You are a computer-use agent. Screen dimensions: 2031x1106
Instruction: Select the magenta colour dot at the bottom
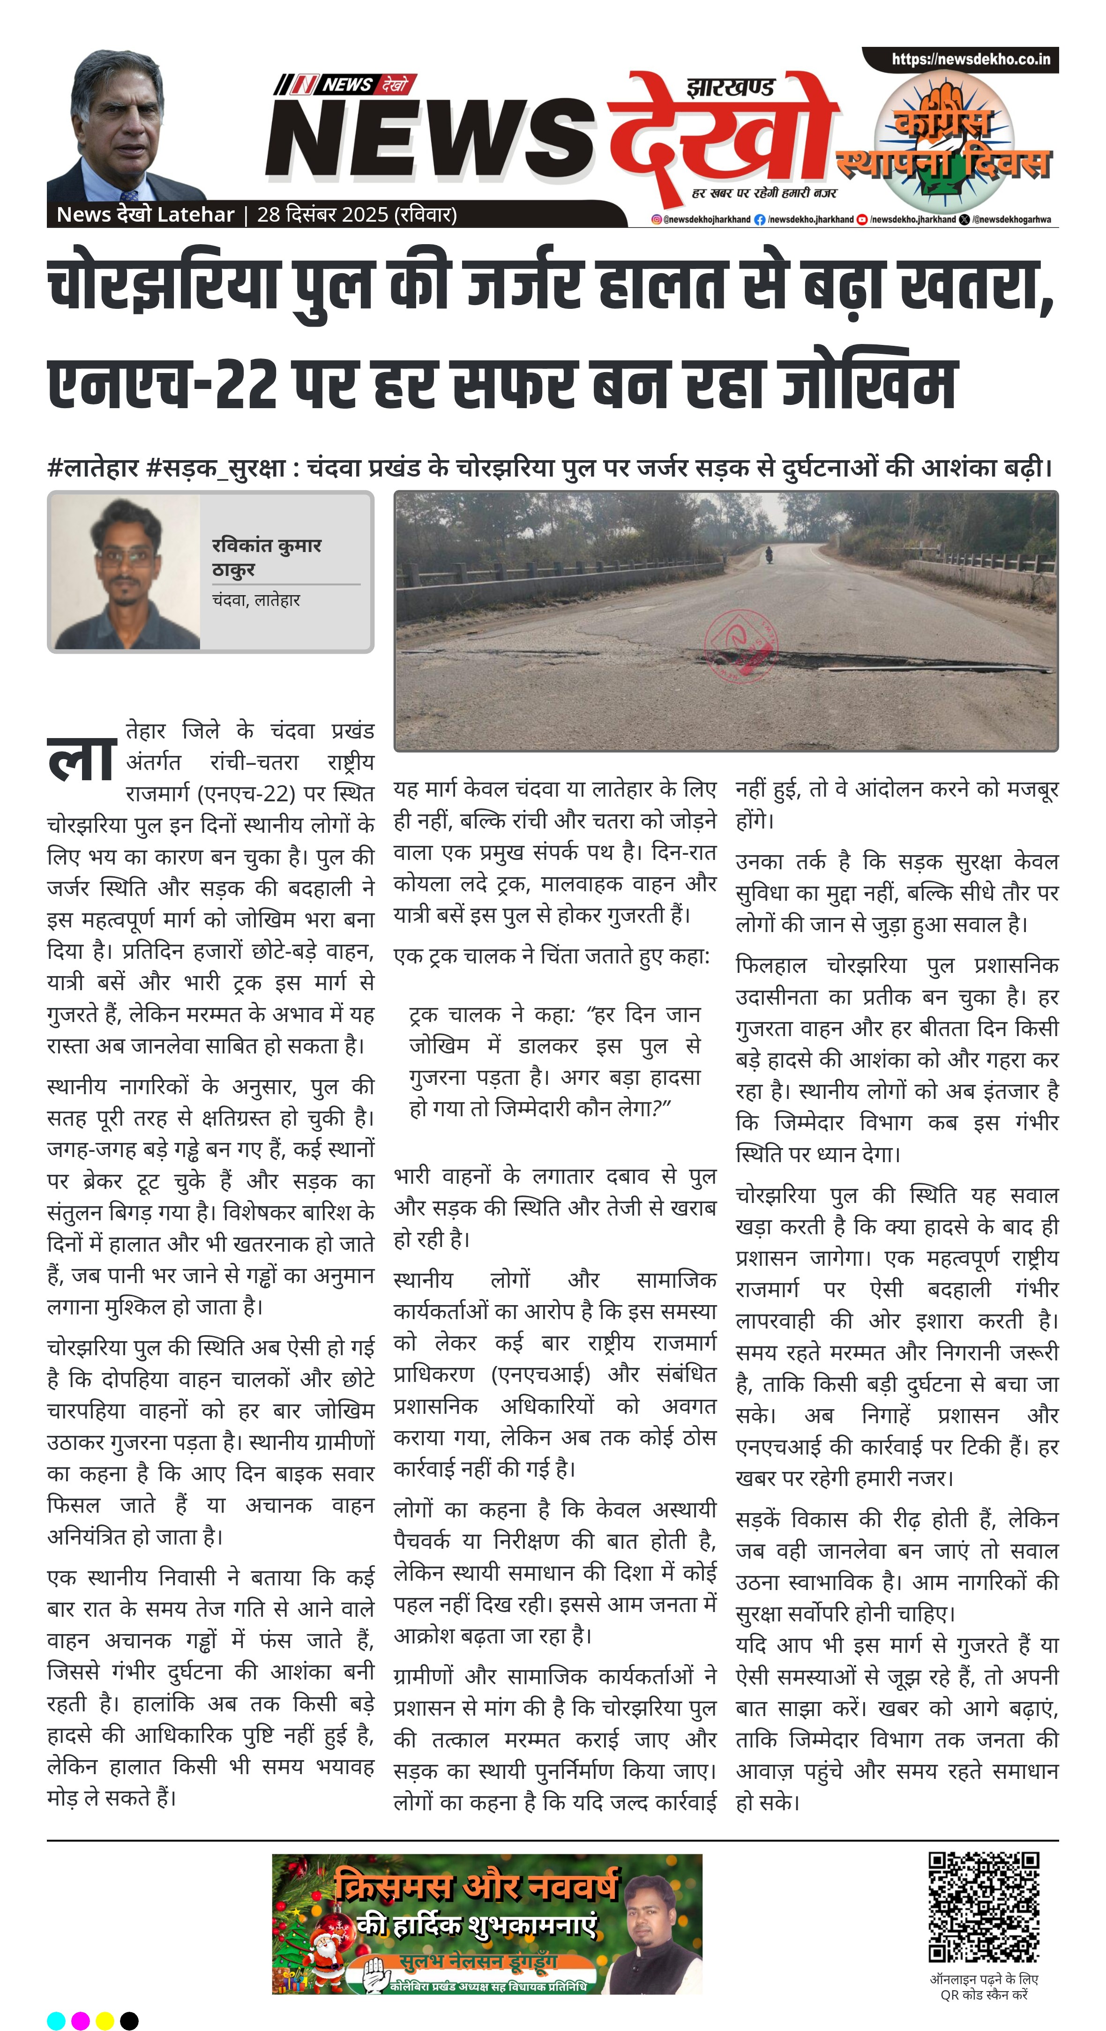(81, 2020)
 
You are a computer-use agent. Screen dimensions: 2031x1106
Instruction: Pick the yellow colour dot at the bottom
(105, 2020)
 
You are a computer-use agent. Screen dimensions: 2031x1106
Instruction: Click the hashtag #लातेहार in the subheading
(92, 468)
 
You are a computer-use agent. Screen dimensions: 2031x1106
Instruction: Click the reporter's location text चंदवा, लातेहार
(255, 600)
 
